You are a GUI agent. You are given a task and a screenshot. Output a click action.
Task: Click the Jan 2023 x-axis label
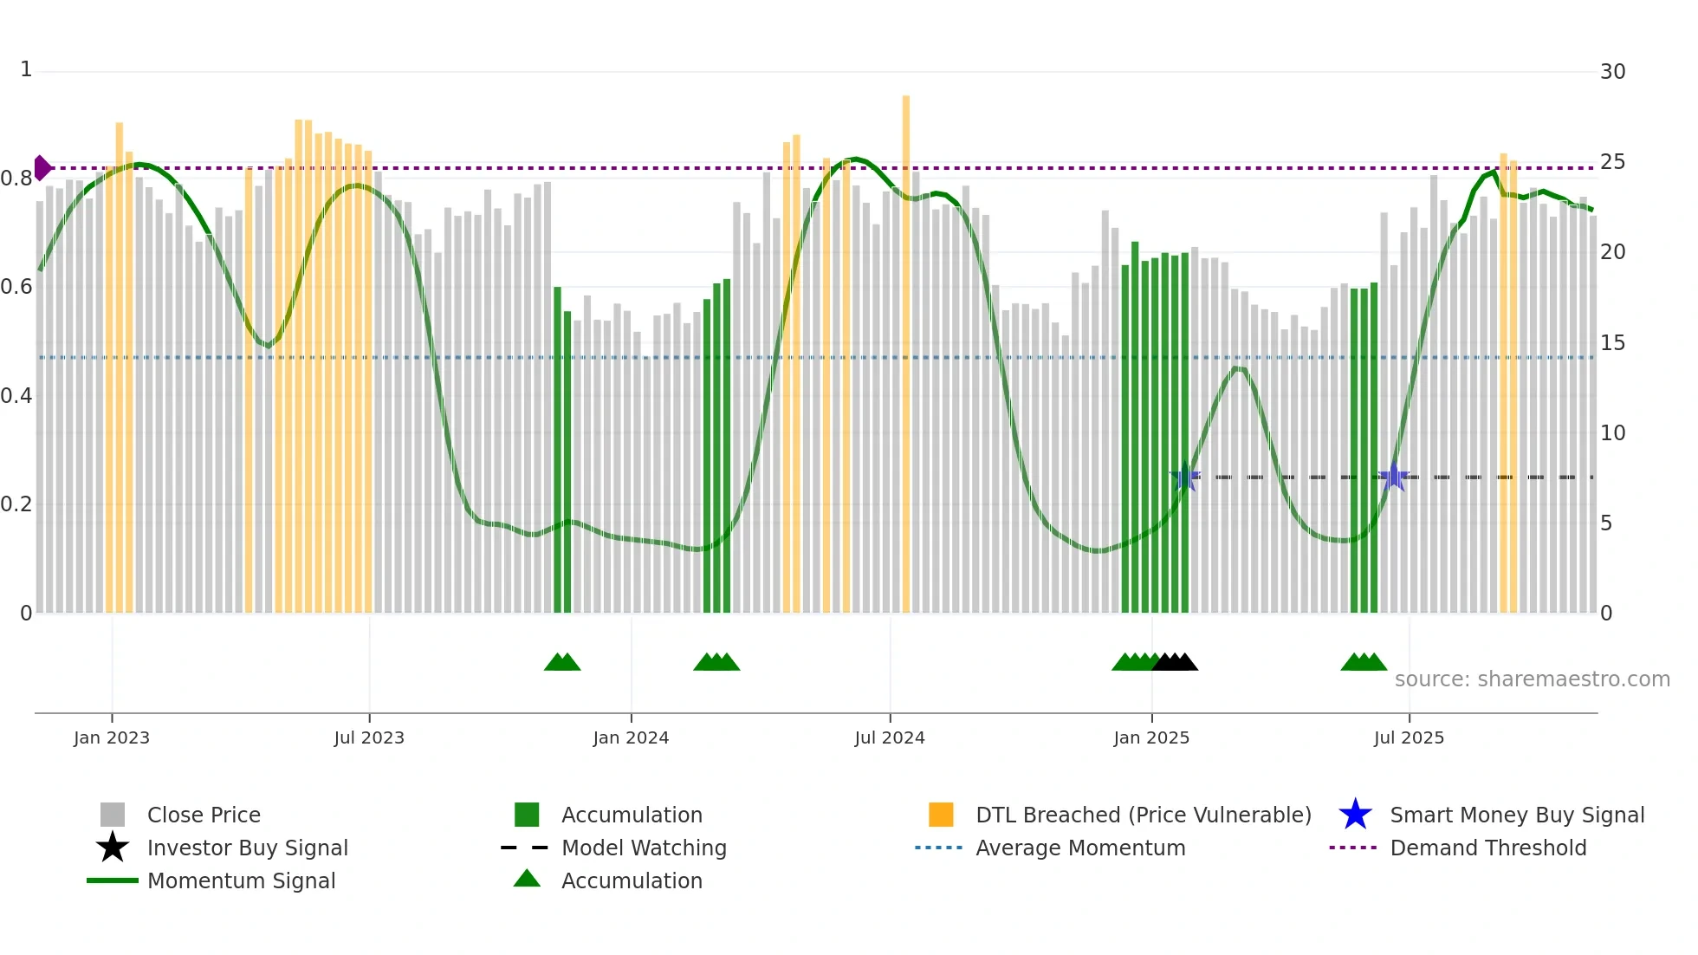(x=111, y=737)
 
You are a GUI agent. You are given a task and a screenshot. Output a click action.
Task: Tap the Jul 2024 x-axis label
(x=889, y=737)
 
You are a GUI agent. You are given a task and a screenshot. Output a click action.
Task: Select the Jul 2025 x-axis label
(x=1409, y=737)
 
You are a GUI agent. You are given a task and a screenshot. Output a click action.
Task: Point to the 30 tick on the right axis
(x=1612, y=72)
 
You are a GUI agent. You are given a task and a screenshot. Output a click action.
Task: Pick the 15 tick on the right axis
(x=1612, y=343)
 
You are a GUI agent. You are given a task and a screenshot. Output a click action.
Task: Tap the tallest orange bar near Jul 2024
(x=906, y=347)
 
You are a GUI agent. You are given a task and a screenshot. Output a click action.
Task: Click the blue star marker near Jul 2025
(x=1393, y=477)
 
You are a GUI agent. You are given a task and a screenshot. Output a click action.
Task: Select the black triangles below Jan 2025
(x=1175, y=662)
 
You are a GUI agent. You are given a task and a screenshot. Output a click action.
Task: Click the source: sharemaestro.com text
(x=1532, y=679)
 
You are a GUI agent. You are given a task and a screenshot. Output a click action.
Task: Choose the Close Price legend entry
(x=204, y=815)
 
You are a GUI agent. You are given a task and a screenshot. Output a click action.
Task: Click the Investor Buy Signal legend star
(x=113, y=848)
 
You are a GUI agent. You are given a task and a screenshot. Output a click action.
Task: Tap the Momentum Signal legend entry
(x=241, y=880)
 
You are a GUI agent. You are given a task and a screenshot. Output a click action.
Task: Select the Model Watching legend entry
(x=644, y=848)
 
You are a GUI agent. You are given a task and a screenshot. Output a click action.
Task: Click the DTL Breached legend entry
(x=1143, y=815)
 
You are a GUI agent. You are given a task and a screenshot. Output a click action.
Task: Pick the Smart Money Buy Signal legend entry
(x=1516, y=815)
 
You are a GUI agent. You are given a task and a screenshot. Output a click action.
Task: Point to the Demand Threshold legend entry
(x=1487, y=848)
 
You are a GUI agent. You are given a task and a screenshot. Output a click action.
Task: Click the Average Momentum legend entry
(x=1079, y=848)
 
